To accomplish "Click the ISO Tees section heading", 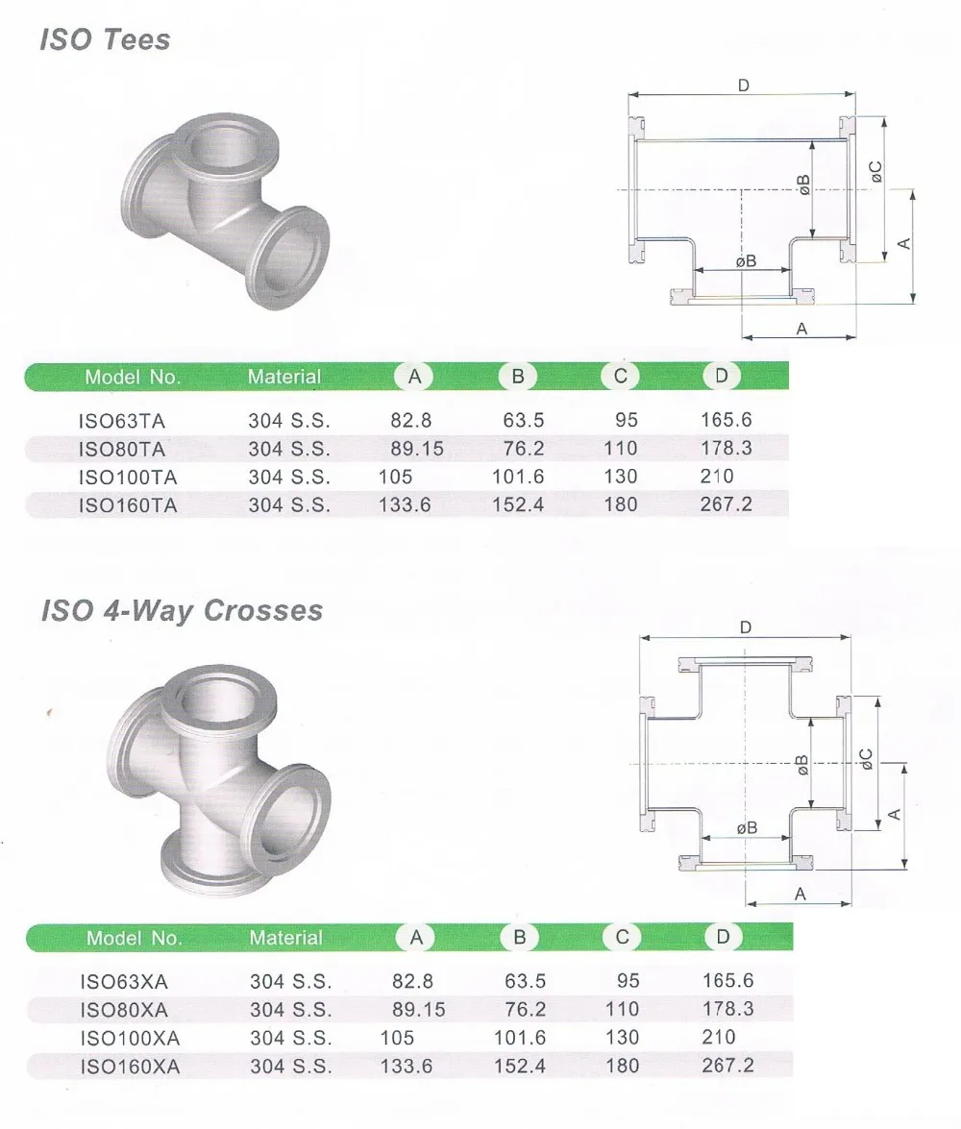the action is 105,39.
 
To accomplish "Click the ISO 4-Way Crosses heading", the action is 182,610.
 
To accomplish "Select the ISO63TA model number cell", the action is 122,421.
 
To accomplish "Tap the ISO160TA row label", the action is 128,505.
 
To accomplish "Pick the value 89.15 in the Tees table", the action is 417,449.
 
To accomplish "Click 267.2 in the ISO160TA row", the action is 727,504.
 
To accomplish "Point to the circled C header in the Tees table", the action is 620,376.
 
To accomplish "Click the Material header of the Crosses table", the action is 286,938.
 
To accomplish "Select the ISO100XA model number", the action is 130,1039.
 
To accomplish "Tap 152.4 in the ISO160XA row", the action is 519,1066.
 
